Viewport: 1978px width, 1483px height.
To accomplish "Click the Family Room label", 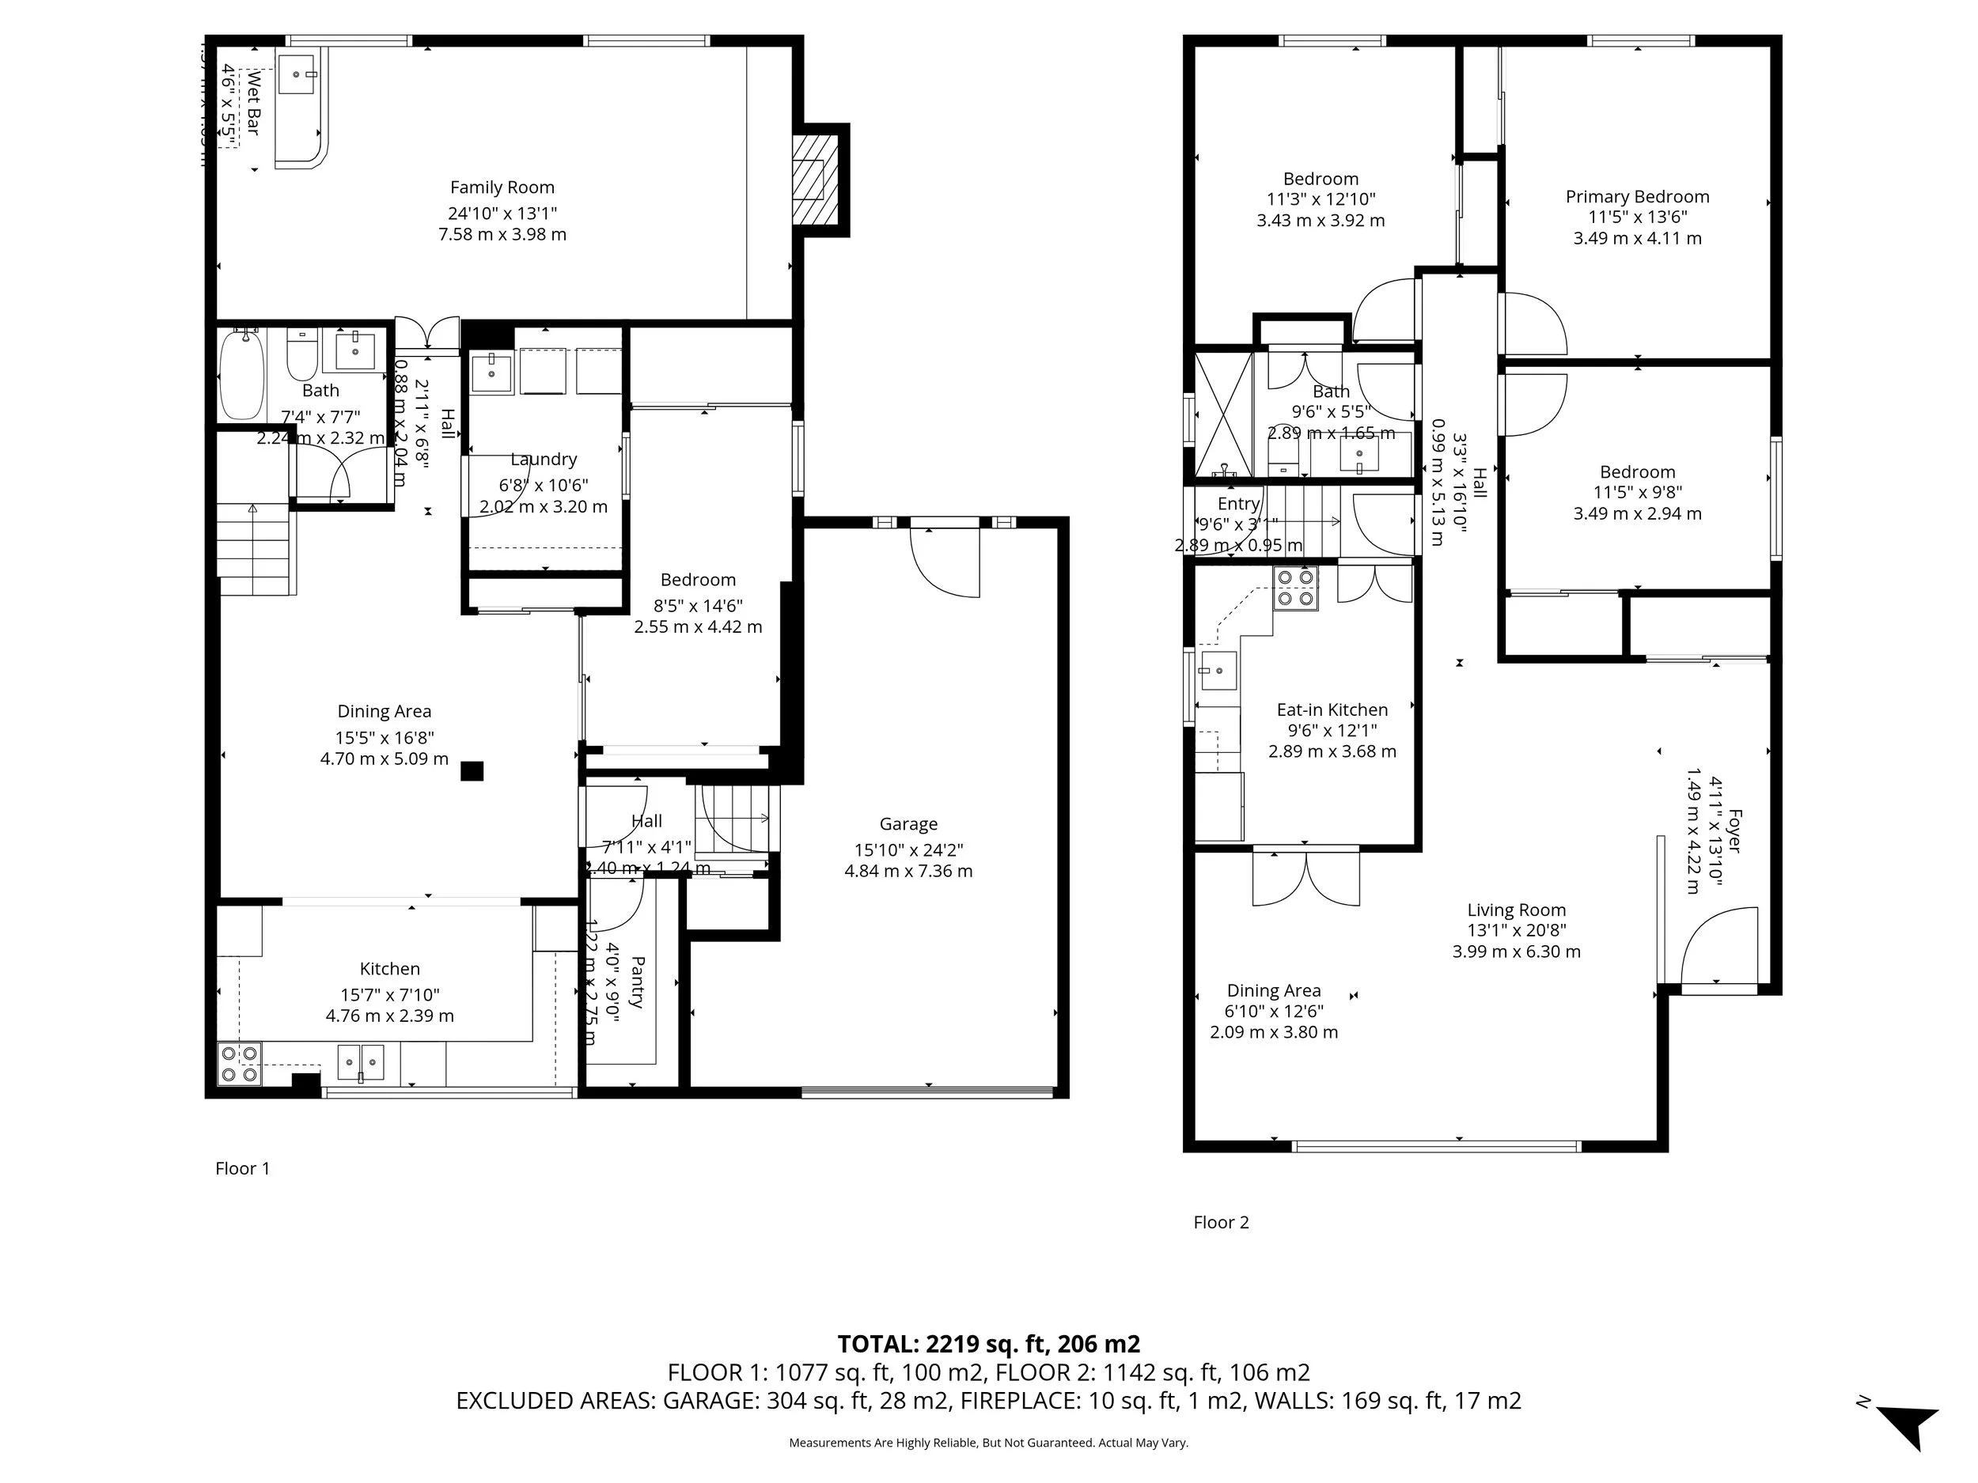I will pos(502,187).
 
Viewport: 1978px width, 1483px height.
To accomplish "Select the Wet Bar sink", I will pos(296,74).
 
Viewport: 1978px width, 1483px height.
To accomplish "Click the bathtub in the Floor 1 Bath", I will pos(241,376).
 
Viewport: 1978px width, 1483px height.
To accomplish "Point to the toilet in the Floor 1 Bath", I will pos(301,356).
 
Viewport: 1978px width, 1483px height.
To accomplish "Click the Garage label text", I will pos(908,824).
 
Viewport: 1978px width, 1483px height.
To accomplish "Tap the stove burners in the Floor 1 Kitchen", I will pos(239,1065).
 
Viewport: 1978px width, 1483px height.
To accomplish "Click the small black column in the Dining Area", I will pos(472,770).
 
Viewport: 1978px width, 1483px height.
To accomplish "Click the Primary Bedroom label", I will pos(1636,197).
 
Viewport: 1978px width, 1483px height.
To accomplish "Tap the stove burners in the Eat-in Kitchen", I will pos(1296,589).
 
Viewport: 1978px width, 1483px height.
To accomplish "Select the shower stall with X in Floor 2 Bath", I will pos(1224,416).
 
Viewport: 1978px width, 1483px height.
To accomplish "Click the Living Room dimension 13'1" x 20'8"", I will pos(1516,931).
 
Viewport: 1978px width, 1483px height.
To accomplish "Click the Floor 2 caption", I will pos(1221,1223).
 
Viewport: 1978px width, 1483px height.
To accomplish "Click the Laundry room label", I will pos(543,460).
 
